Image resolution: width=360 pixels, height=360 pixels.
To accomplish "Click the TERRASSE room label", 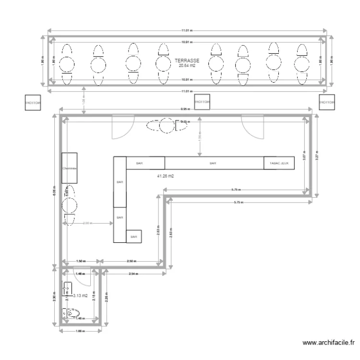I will [x=187, y=61].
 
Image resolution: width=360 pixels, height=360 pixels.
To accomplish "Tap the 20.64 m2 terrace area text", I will [x=187, y=66].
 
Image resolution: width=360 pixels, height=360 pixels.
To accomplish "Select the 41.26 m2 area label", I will [x=165, y=176].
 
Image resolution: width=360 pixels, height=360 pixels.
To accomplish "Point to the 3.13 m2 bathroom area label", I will [x=81, y=296].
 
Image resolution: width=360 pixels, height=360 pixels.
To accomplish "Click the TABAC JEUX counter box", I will [x=279, y=163].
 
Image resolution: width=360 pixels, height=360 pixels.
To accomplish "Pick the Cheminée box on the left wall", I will [x=70, y=168].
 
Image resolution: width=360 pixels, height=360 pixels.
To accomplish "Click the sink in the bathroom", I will [x=67, y=288].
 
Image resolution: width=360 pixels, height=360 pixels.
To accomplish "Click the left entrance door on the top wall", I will [x=120, y=128].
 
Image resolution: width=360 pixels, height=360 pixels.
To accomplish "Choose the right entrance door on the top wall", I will [x=252, y=128].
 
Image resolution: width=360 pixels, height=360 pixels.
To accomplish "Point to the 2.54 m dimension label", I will [x=134, y=274].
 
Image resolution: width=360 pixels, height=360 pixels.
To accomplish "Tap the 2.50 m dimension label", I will [x=130, y=262].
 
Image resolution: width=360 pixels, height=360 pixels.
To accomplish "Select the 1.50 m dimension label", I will [x=81, y=262].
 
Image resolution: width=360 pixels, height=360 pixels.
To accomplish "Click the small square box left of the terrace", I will [x=33, y=102].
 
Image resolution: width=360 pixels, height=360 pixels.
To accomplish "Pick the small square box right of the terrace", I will [x=327, y=102].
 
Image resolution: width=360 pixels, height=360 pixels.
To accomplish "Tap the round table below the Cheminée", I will [x=69, y=206].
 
